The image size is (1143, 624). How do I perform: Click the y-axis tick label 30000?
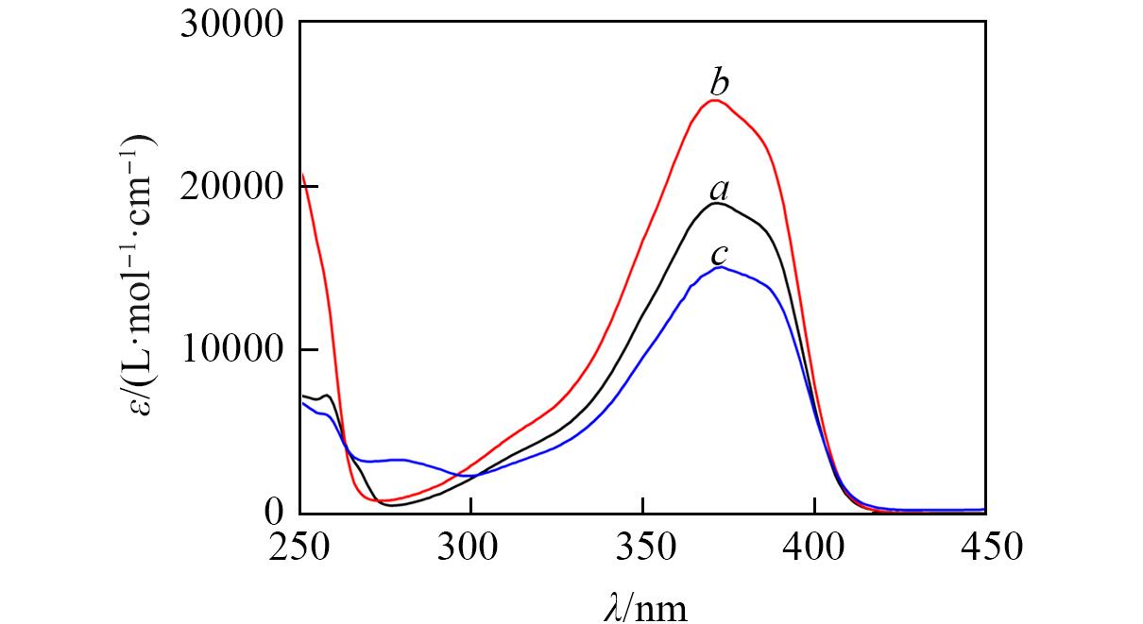232,25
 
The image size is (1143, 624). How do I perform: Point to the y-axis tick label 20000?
232,187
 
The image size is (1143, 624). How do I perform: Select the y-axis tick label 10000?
232,350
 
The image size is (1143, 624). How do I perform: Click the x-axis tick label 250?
299,546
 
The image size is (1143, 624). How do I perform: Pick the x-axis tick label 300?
470,546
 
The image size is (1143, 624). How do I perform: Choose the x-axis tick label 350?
642,546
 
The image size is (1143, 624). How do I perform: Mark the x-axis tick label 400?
813,546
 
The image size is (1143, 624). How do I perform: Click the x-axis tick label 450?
985,546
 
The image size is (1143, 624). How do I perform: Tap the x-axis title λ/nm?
645,604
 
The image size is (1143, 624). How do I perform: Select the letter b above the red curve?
719,80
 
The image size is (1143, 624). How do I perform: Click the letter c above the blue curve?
719,255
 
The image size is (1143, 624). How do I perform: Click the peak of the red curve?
715,100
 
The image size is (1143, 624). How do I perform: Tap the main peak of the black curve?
717,203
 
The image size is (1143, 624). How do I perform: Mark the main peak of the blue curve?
720,267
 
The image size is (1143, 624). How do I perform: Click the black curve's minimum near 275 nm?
393,505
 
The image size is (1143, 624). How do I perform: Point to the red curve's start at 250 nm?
301,175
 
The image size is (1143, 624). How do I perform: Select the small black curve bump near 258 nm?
326,396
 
